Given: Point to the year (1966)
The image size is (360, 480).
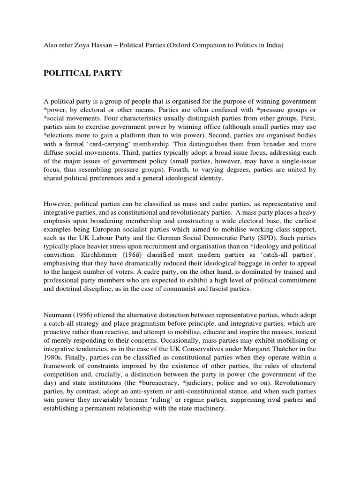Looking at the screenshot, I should click(131, 264).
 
